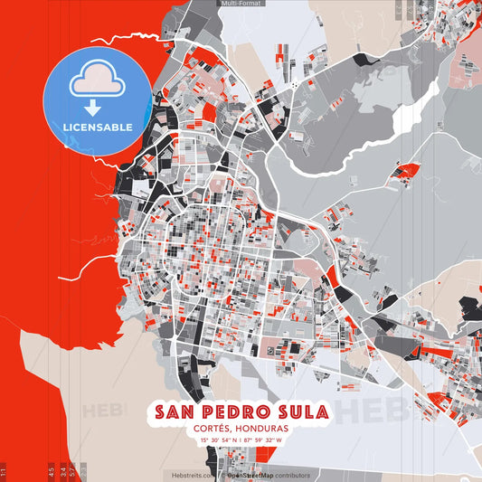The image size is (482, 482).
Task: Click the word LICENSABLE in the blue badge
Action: pyautogui.click(x=98, y=126)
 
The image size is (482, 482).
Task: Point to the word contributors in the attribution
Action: pyautogui.click(x=293, y=475)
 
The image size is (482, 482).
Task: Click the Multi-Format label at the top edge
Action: pyautogui.click(x=240, y=5)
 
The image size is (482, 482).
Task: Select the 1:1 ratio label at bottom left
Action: pyautogui.click(x=4, y=471)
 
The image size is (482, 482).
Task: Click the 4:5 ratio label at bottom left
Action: pyautogui.click(x=52, y=471)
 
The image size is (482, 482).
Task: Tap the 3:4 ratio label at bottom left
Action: pyautogui.click(x=63, y=471)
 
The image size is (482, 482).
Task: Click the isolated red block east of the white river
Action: pyautogui.click(x=408, y=169)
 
